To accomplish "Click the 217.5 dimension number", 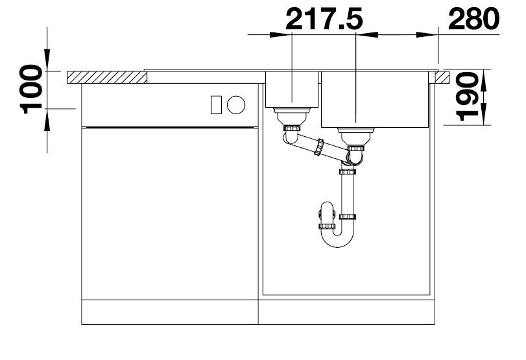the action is coord(324,19).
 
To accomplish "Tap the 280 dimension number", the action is coord(473,19).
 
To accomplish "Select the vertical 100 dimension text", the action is coord(32,90).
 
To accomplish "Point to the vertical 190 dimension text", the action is coord(466,97).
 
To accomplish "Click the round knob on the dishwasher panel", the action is coord(236,104).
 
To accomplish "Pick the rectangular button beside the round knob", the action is coord(216,104).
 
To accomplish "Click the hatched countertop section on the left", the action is coord(107,77).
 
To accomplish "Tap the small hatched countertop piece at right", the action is coord(442,77).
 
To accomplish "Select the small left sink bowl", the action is coord(292,90).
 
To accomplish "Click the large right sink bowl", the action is coord(375,99).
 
